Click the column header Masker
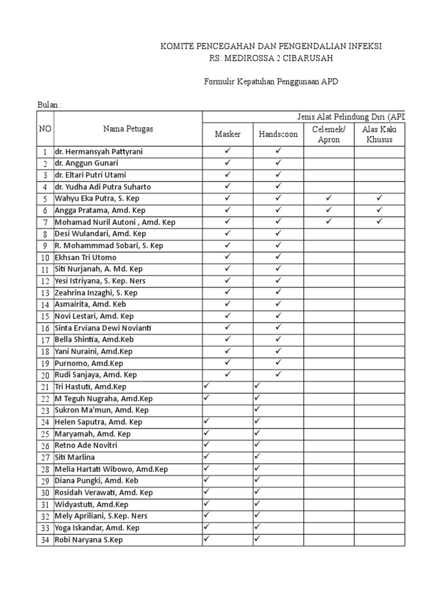pyautogui.click(x=228, y=134)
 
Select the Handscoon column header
pyautogui.click(x=278, y=134)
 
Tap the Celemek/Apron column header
pyautogui.click(x=328, y=134)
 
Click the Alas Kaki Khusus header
pyautogui.click(x=379, y=134)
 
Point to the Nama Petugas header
pyautogui.click(x=128, y=128)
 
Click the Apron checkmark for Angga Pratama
pyautogui.click(x=328, y=210)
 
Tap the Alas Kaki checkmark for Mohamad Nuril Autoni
pyautogui.click(x=379, y=221)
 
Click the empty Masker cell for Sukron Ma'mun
pyautogui.click(x=227, y=410)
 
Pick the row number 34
pyautogui.click(x=45, y=540)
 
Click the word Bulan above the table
pyautogui.click(x=48, y=105)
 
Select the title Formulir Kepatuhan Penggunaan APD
pyautogui.click(x=271, y=82)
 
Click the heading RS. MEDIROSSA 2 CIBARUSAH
pyautogui.click(x=271, y=58)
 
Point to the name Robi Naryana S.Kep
pyautogui.click(x=88, y=540)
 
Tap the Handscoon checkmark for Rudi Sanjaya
pyautogui.click(x=278, y=374)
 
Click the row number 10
pyautogui.click(x=45, y=257)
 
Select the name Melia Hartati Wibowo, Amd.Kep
pyautogui.click(x=111, y=469)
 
